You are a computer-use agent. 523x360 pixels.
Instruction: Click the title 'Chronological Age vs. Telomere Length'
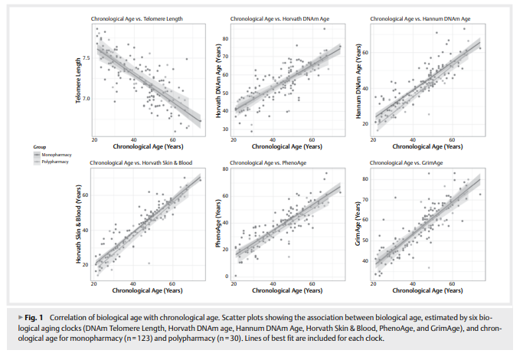tap(136, 18)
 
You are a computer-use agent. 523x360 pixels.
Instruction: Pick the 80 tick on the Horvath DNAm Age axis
tap(226, 38)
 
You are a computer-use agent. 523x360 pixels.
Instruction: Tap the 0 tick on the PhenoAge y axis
tap(227, 276)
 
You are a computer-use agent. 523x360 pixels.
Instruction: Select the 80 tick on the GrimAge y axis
tap(366, 179)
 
